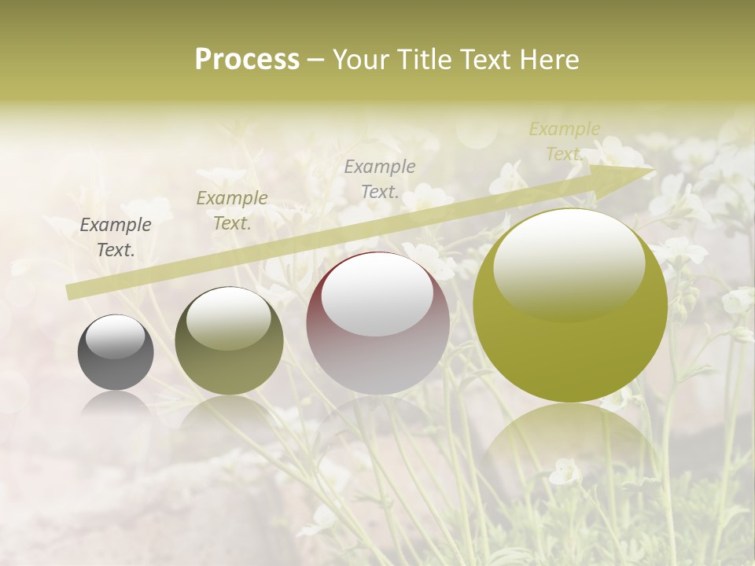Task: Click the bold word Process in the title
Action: pos(247,60)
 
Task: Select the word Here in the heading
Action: pos(549,60)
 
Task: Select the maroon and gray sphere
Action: pos(378,346)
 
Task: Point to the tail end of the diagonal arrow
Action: pos(69,292)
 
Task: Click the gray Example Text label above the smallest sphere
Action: pos(116,237)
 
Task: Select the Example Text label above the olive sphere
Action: pos(232,210)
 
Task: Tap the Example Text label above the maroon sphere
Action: pos(380,178)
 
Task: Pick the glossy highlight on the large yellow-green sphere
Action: pos(569,263)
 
